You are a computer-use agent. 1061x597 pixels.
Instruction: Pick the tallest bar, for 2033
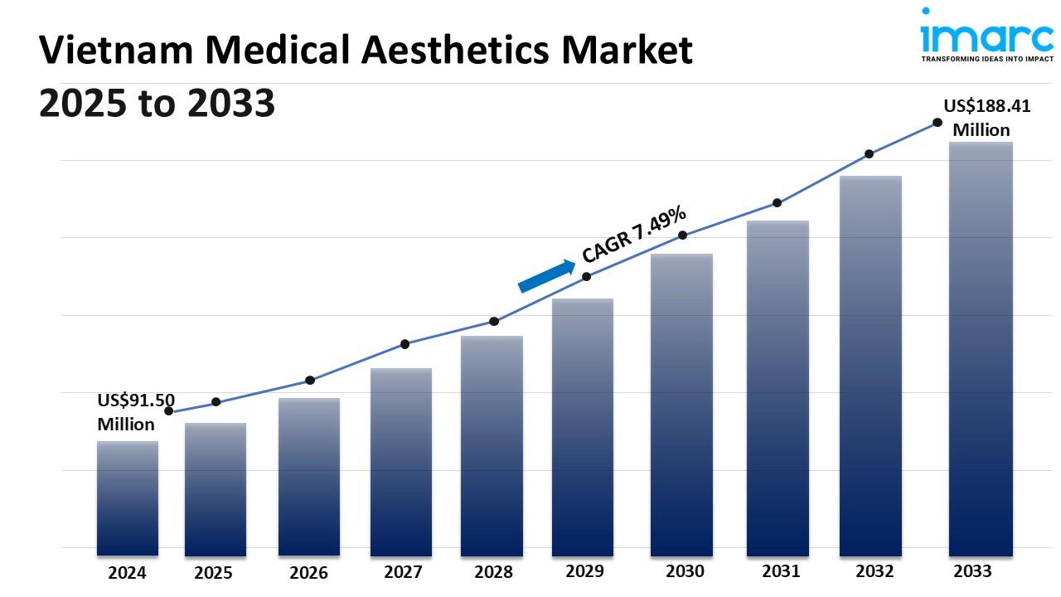(x=981, y=348)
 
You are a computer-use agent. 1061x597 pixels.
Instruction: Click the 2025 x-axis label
(x=213, y=573)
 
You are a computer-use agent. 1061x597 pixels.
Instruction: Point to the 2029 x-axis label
(x=584, y=571)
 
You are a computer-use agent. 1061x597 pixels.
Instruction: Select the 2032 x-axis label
(x=874, y=571)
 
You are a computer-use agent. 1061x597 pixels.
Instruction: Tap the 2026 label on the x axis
(x=308, y=573)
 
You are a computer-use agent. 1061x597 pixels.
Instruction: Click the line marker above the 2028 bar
(x=494, y=321)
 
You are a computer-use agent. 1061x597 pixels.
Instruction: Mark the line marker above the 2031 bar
(x=778, y=202)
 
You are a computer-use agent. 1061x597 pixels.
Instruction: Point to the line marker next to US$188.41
(x=937, y=122)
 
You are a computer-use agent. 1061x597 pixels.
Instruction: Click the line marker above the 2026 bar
(x=310, y=380)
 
